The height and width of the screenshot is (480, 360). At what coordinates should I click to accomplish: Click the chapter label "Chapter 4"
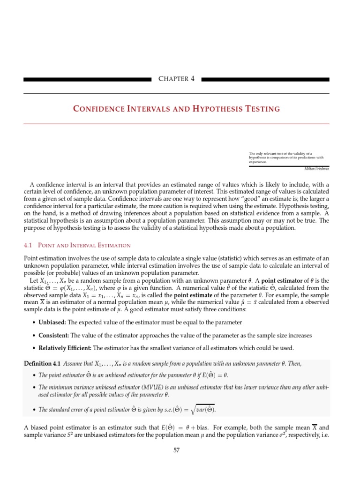[176, 79]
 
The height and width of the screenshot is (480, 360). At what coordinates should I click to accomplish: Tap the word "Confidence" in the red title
[96, 109]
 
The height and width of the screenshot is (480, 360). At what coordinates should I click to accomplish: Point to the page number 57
[176, 450]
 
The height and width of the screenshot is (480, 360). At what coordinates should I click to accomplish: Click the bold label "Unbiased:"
[53, 322]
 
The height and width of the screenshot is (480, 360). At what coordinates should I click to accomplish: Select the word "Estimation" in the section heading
[114, 245]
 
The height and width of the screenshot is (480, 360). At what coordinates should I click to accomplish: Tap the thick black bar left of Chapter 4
[88, 80]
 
